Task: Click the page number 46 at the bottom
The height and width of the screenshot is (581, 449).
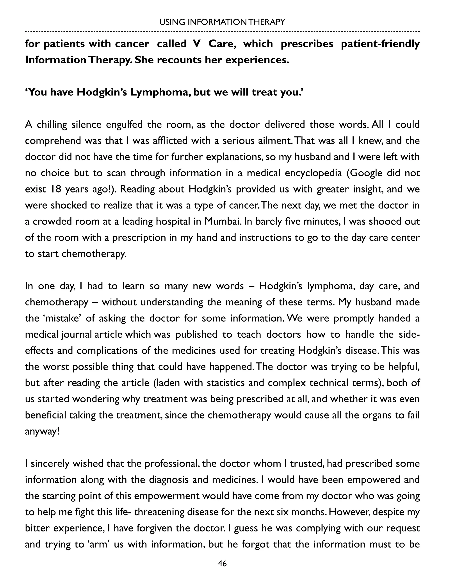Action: [222, 563]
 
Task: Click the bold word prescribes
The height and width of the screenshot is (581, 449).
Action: [307, 44]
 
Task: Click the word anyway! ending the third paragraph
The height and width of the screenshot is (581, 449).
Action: [42, 431]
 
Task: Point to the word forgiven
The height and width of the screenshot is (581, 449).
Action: [155, 528]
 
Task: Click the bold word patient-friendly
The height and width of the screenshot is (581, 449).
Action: [380, 44]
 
